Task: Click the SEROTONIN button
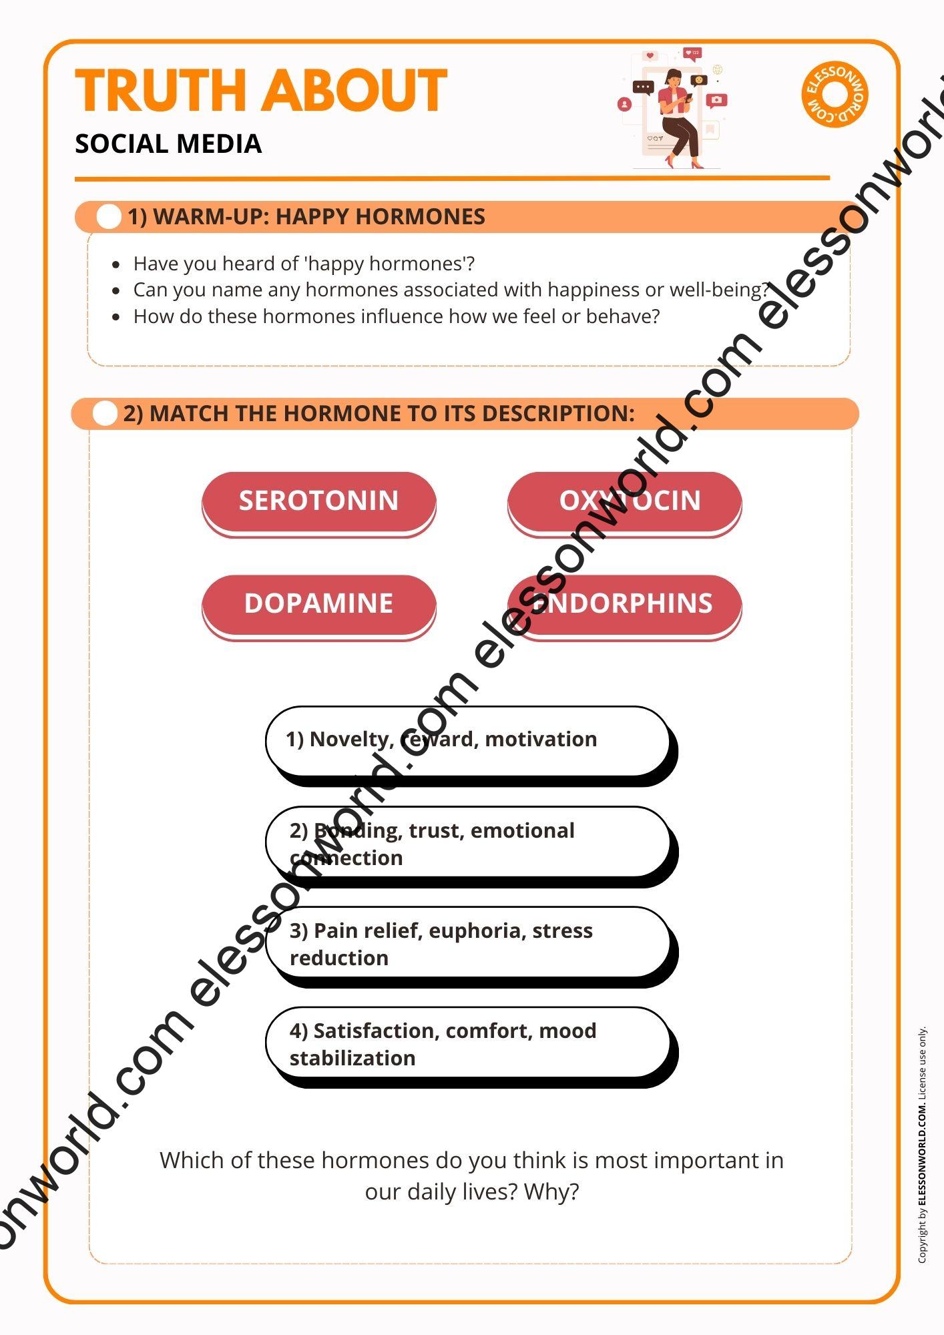point(318,501)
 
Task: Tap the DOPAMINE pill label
point(318,603)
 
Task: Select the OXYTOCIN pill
point(624,501)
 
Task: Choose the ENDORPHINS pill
point(624,603)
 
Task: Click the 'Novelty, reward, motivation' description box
point(467,740)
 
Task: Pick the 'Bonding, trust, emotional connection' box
point(467,843)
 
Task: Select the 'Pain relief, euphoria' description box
point(467,943)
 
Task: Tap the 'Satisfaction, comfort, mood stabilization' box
point(467,1043)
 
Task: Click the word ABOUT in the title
point(354,91)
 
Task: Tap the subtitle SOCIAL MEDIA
point(168,144)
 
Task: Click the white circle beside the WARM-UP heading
point(109,217)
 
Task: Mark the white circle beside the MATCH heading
point(105,414)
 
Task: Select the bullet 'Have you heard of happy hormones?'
point(304,264)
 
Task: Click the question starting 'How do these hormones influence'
point(396,316)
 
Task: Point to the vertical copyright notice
point(922,1145)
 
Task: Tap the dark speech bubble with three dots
point(643,87)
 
